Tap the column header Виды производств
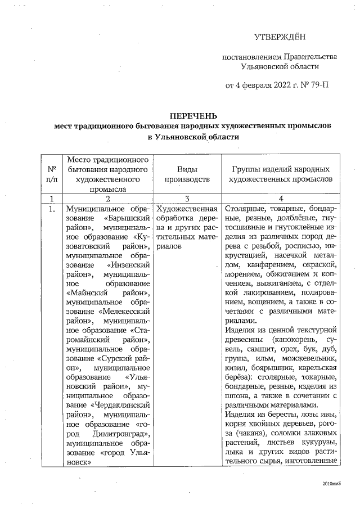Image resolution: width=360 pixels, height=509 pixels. (186, 174)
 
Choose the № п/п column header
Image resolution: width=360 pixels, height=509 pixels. (52, 174)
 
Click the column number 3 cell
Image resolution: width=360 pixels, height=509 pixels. (186, 199)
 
